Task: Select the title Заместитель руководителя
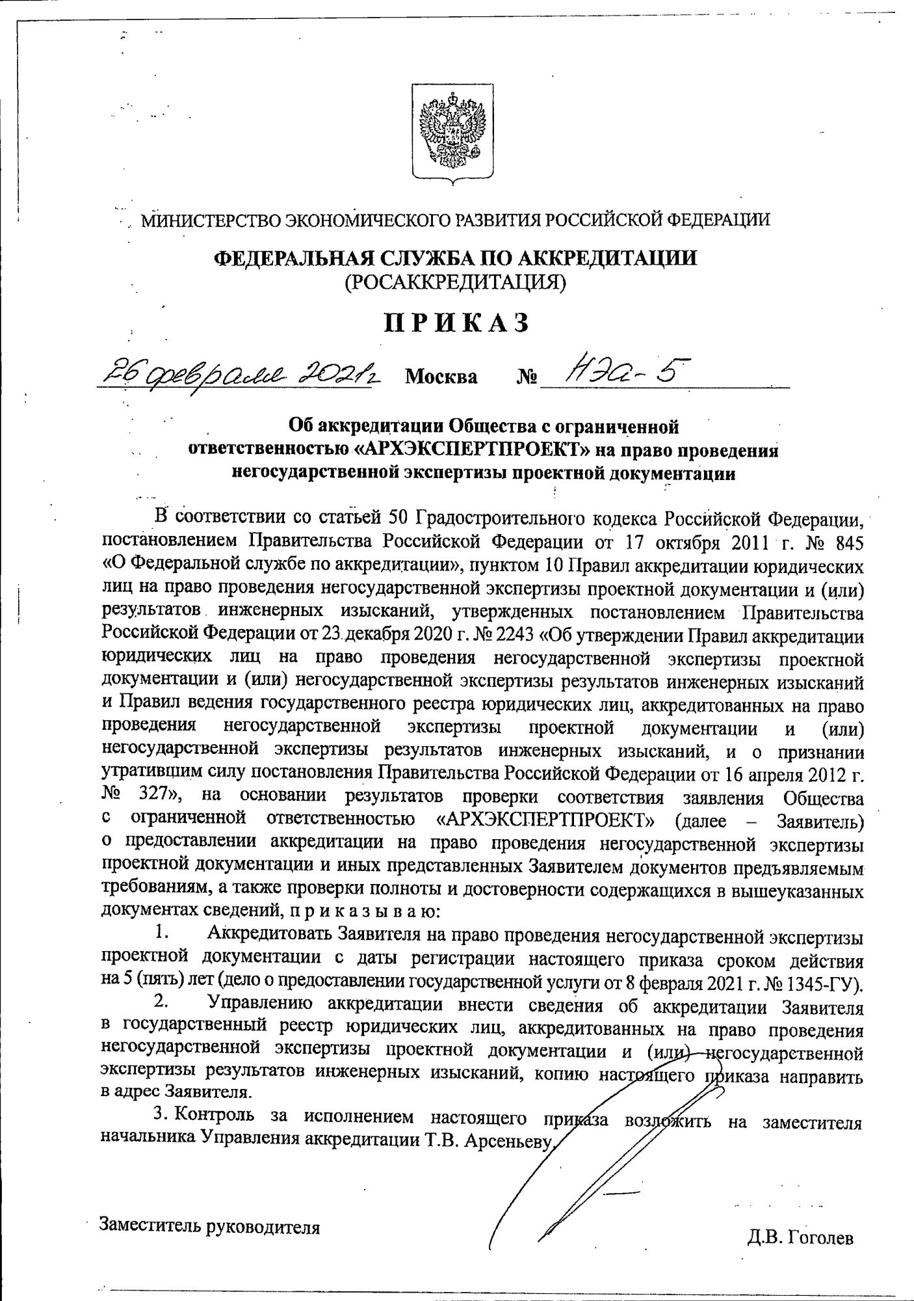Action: coord(210,1226)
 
